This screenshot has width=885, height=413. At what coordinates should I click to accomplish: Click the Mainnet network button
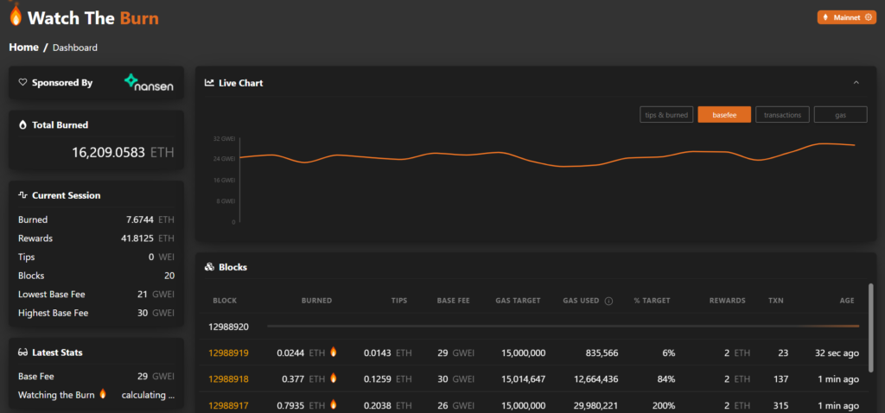click(846, 17)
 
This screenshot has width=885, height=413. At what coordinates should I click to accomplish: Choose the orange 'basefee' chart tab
click(724, 115)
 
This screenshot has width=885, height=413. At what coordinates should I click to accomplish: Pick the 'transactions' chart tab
click(782, 115)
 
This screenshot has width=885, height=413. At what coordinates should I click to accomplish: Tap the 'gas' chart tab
click(840, 115)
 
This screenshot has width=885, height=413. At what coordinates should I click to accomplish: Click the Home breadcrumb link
click(23, 48)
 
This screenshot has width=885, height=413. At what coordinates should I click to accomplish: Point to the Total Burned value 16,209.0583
click(109, 152)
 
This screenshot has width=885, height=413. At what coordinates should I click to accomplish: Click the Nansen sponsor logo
click(149, 83)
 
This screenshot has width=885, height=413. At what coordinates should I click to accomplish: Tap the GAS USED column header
click(581, 301)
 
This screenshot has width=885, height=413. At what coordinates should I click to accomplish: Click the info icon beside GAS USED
click(608, 301)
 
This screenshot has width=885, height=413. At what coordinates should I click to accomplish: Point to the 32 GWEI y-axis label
click(224, 138)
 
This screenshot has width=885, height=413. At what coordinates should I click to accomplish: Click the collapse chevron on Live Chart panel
click(856, 83)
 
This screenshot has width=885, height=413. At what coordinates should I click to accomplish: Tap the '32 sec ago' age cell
click(835, 353)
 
